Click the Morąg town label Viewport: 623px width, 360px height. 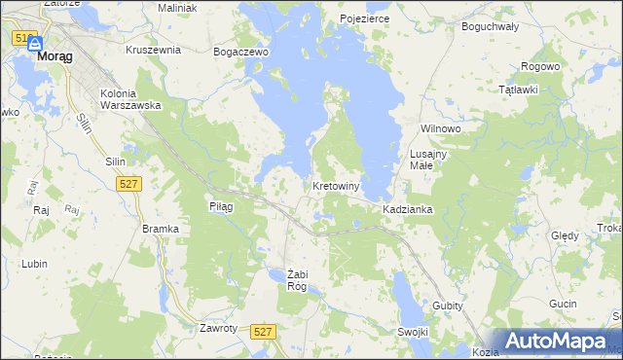pyautogui.click(x=55, y=56)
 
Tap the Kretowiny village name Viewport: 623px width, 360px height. pyautogui.click(x=337, y=186)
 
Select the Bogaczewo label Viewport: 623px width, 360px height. pyautogui.click(x=240, y=52)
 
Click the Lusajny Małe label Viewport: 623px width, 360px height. pyautogui.click(x=428, y=161)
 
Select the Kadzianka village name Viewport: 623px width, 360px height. pyautogui.click(x=408, y=210)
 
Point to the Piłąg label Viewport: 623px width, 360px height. pyautogui.click(x=221, y=206)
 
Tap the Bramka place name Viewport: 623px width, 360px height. pyautogui.click(x=161, y=229)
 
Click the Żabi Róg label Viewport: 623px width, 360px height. pyautogui.click(x=297, y=280)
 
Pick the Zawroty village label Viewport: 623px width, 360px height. pyautogui.click(x=218, y=328)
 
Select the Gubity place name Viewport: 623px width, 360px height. pyautogui.click(x=448, y=306)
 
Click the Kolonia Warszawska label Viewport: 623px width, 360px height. pyautogui.click(x=129, y=100)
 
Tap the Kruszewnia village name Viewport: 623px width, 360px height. pyautogui.click(x=154, y=49)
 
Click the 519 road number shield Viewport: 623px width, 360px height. pyautogui.click(x=24, y=37)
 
